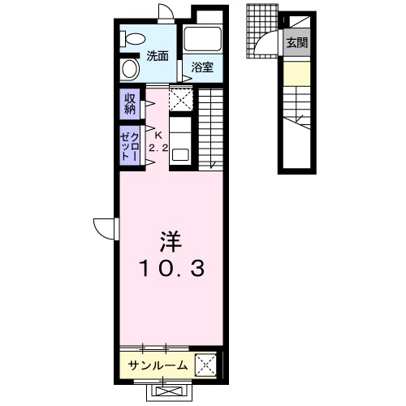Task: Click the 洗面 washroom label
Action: click(158, 56)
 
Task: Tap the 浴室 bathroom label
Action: click(202, 67)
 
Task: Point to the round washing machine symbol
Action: click(130, 68)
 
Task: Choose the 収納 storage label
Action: click(130, 103)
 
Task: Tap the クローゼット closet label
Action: click(130, 145)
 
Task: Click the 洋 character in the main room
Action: click(170, 241)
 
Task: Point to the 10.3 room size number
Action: click(170, 268)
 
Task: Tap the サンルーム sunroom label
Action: click(158, 365)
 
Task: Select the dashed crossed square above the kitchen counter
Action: click(181, 101)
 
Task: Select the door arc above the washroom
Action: click(166, 11)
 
